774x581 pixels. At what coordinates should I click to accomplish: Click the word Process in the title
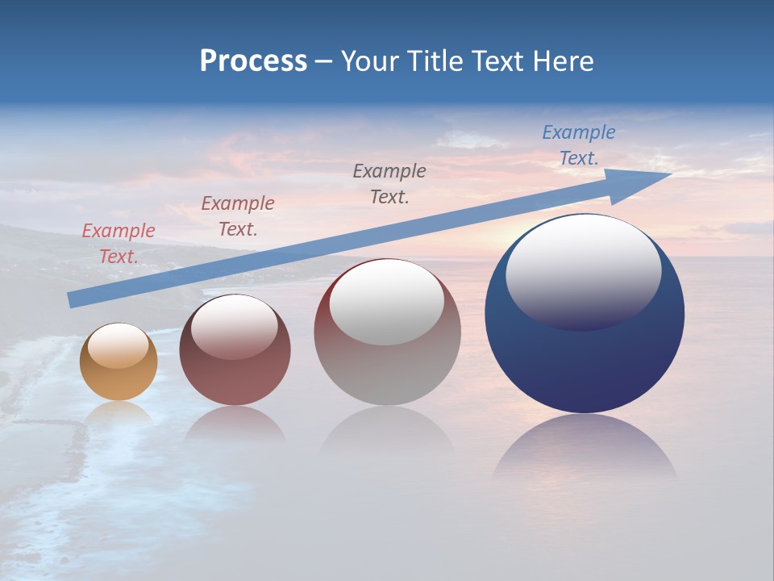click(253, 61)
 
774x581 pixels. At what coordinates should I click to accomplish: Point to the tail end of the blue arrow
click(73, 299)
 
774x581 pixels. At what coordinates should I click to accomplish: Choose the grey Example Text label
click(389, 183)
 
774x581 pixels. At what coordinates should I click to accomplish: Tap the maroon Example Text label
click(238, 215)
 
